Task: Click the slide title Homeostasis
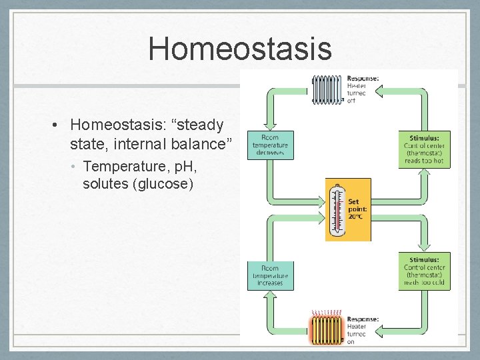pos(239,49)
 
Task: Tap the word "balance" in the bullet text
pos(198,143)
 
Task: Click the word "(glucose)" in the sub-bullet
pos(163,183)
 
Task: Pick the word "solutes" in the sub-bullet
pos(106,183)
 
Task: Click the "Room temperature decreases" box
pos(269,145)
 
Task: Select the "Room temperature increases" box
pos(269,275)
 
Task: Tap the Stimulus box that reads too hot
pos(425,149)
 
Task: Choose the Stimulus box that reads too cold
pos(425,271)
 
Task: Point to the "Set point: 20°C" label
pos(357,209)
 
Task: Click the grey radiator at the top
pos(327,89)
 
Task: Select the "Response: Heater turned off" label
pos(363,89)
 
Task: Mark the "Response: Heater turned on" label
pos(363,329)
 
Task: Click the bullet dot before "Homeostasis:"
pos(59,125)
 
